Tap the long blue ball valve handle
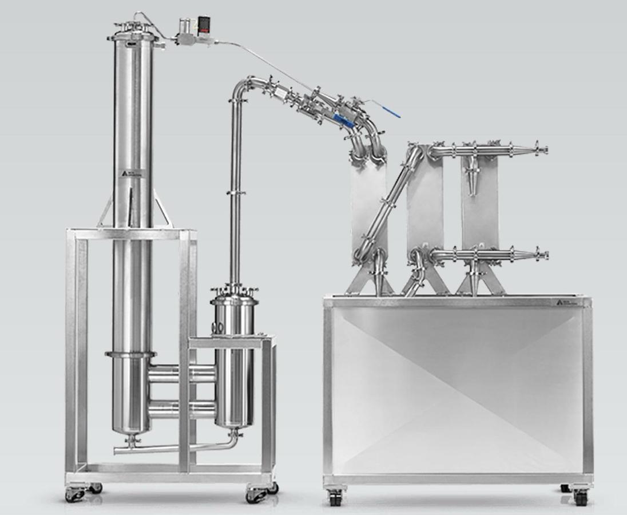[383, 109]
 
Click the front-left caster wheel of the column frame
[75, 495]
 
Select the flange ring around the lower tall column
[131, 355]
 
